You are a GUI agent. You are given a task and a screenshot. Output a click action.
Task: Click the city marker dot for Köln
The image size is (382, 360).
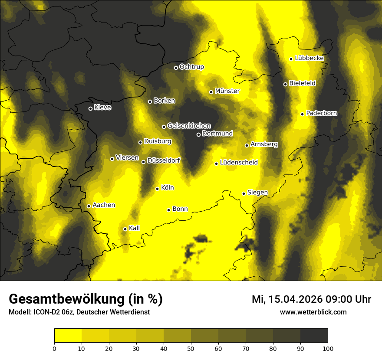pos(157,189)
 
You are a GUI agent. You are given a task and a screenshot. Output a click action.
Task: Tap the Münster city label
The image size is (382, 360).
pos(227,91)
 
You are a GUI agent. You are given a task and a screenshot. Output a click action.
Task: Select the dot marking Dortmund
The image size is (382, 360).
pos(198,134)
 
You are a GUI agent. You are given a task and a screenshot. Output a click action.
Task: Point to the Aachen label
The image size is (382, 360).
pos(104,205)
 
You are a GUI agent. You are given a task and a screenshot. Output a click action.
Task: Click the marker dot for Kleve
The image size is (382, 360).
pos(90,108)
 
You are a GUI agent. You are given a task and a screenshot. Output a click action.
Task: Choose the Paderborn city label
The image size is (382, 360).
pos(321,113)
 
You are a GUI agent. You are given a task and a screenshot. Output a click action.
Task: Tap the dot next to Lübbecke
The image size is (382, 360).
pos(291,59)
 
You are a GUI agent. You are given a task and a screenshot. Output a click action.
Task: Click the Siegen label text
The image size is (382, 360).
pos(257,193)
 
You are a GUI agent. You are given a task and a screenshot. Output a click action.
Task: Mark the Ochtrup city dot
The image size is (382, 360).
pos(176,68)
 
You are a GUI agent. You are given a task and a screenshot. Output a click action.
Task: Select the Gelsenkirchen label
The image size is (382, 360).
pos(189,126)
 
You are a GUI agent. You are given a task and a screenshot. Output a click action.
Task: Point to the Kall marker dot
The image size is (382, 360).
pos(125,229)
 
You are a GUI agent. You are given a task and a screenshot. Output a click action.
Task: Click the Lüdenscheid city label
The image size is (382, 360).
pos(239,163)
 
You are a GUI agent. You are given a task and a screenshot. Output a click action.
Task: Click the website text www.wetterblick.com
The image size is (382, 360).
pos(313,312)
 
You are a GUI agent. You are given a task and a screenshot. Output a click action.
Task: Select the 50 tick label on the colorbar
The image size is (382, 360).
pos(191,348)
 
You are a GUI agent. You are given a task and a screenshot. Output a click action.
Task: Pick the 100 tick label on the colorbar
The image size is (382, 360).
pos(327,348)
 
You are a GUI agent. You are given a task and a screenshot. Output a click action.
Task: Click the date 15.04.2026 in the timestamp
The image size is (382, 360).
pos(298,299)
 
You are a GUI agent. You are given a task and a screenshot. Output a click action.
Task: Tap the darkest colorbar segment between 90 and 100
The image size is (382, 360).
pos(314,335)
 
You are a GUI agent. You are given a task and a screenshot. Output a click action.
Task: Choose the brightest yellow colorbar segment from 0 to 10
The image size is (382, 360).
pos(68,335)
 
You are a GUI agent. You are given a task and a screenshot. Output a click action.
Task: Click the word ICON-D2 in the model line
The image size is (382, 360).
pos(44,312)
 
